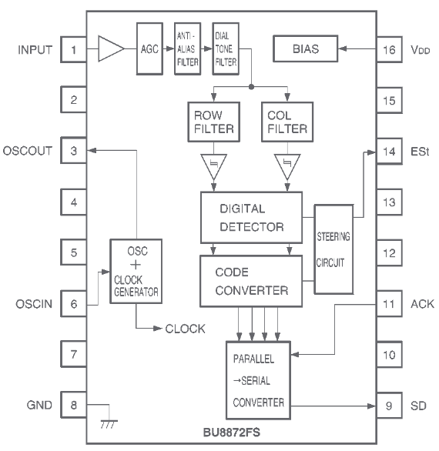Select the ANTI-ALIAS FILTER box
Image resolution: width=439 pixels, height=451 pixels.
186,49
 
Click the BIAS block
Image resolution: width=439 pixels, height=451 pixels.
307,51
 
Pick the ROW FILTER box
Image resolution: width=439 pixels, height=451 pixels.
210,122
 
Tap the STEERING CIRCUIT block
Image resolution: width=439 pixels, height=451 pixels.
334,250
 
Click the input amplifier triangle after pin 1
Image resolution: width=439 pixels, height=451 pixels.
110,50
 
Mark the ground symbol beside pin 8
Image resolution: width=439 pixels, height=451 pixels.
107,424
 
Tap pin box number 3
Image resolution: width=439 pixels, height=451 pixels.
73,151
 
